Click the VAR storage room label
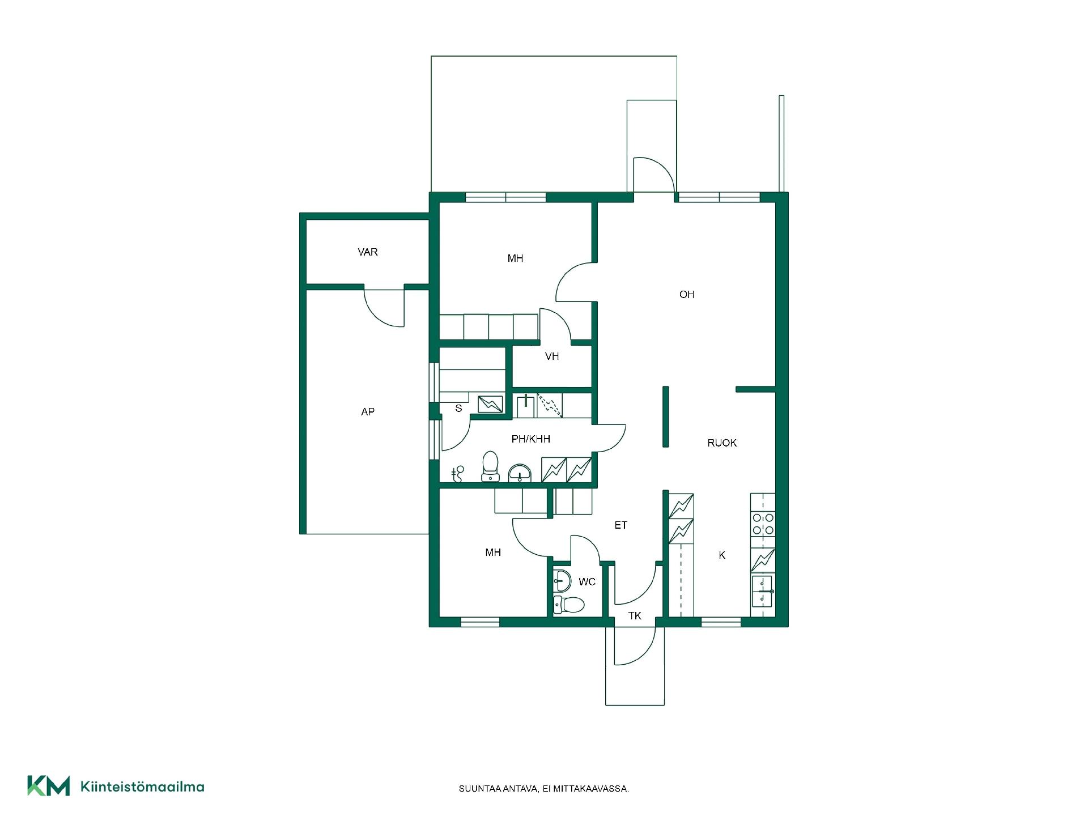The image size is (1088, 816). point(368,252)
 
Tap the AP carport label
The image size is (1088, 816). point(368,412)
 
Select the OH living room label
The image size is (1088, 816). point(687,295)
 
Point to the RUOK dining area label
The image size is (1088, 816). point(722,443)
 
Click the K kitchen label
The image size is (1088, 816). point(722,555)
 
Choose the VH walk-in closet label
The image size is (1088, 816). point(552,356)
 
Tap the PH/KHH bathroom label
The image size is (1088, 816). point(531,439)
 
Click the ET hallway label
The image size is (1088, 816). point(621,525)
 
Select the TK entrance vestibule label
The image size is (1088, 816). point(635,616)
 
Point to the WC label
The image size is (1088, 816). point(587,582)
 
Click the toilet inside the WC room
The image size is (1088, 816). point(568,605)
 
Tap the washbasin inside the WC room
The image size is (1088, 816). point(562,581)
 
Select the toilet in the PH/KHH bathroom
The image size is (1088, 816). point(490,466)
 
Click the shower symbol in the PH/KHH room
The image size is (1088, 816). point(458,474)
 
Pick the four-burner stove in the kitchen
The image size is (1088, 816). point(763,524)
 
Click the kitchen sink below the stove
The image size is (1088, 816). point(763,591)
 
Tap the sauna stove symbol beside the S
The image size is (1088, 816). point(490,404)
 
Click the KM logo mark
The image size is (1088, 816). point(49,786)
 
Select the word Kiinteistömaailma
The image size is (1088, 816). point(143,787)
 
